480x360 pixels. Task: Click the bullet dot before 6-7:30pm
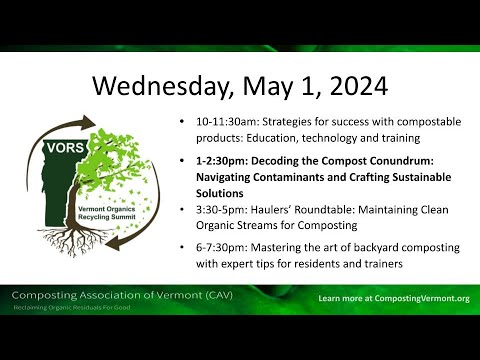180,246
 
